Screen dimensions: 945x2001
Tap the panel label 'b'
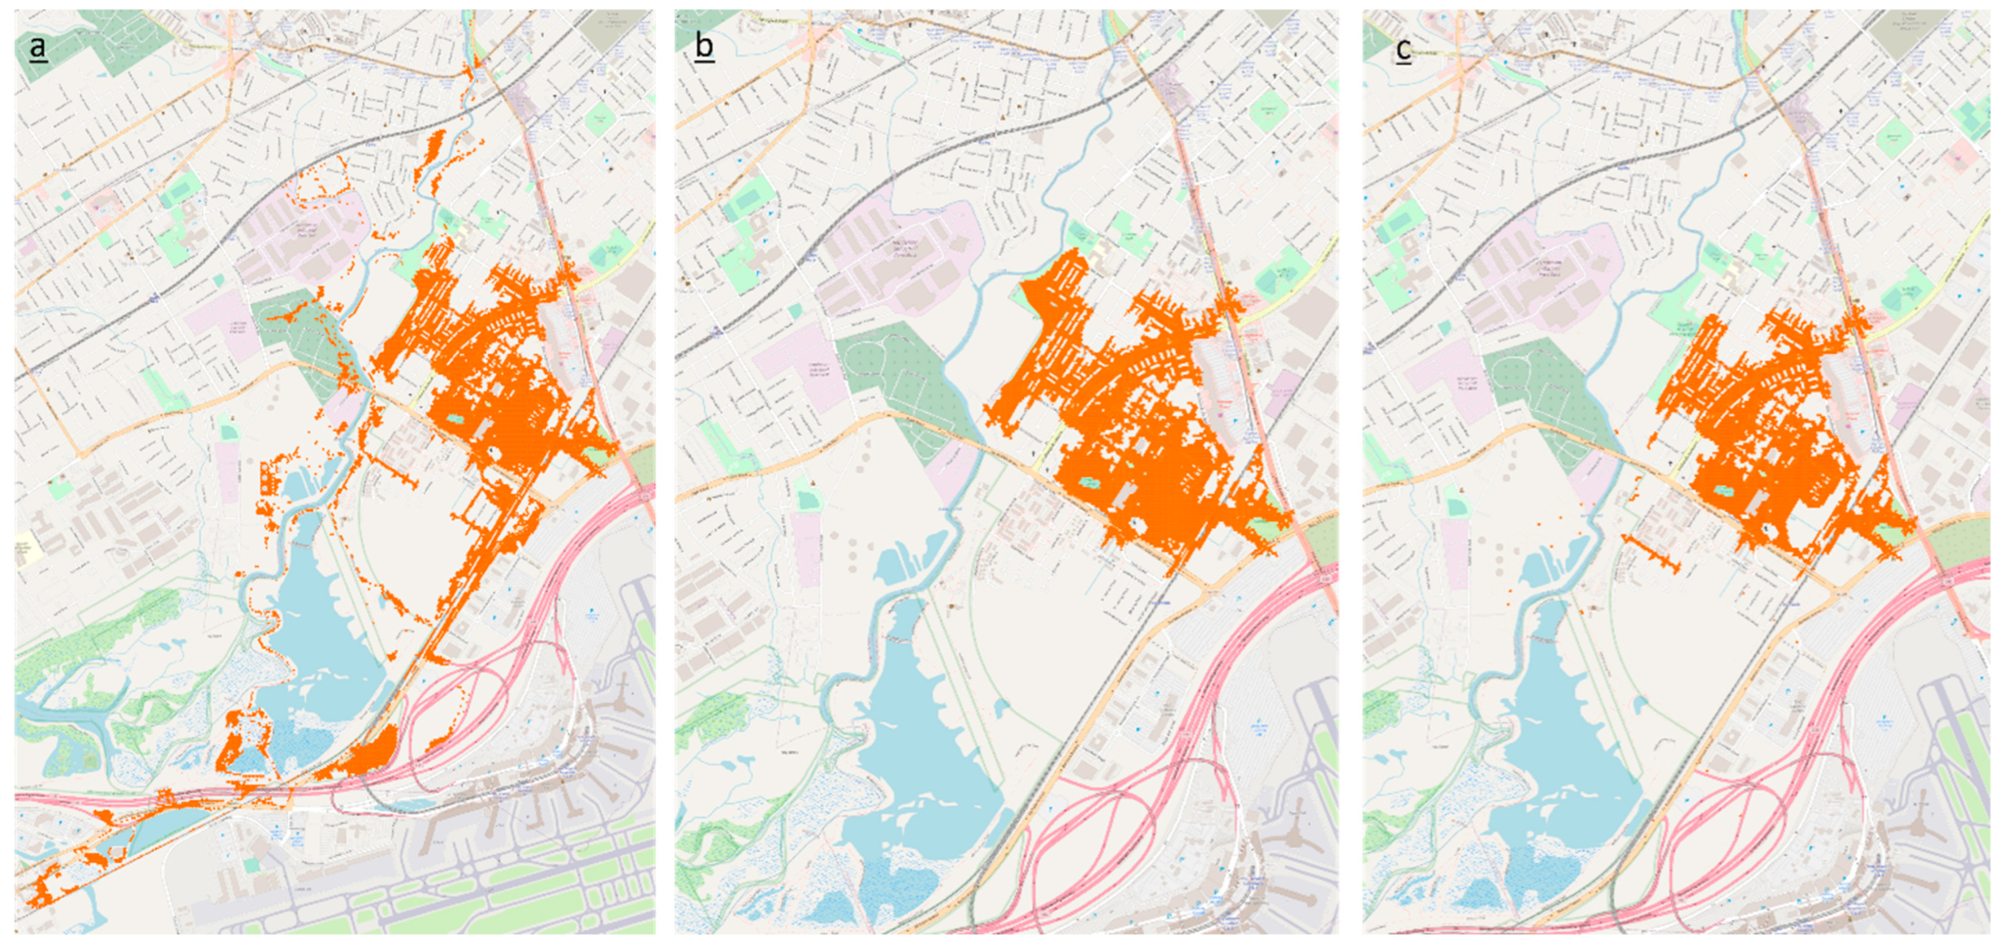click(704, 46)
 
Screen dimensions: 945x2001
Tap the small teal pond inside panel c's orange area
click(1724, 490)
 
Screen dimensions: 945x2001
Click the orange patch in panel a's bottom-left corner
click(39, 894)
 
